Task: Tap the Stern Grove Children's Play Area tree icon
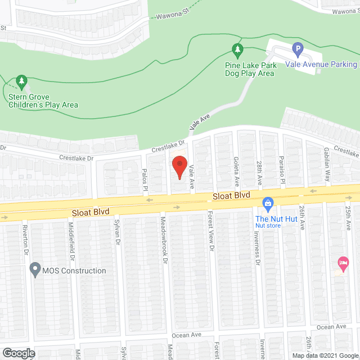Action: click(22, 83)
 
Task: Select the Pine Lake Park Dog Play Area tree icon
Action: click(238, 51)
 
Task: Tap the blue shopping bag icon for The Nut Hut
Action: click(268, 202)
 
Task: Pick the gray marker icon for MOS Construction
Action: click(35, 271)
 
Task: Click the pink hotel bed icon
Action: click(342, 262)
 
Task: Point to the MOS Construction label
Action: click(74, 271)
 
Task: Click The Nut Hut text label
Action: click(268, 218)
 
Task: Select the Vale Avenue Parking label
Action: click(321, 65)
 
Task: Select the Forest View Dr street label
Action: click(210, 231)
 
